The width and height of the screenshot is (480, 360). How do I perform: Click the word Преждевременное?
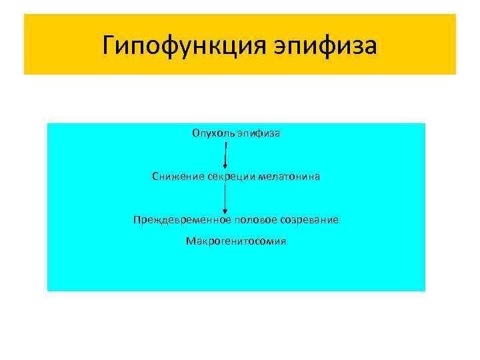click(x=173, y=219)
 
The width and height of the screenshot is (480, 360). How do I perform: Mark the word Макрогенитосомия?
click(x=236, y=241)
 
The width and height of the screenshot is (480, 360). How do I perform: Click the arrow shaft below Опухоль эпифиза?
click(x=226, y=152)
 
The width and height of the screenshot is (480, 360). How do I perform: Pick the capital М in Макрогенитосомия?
click(x=190, y=241)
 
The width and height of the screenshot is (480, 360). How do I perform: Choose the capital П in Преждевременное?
click(x=136, y=219)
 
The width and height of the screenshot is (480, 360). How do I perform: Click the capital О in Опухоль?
click(x=196, y=133)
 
